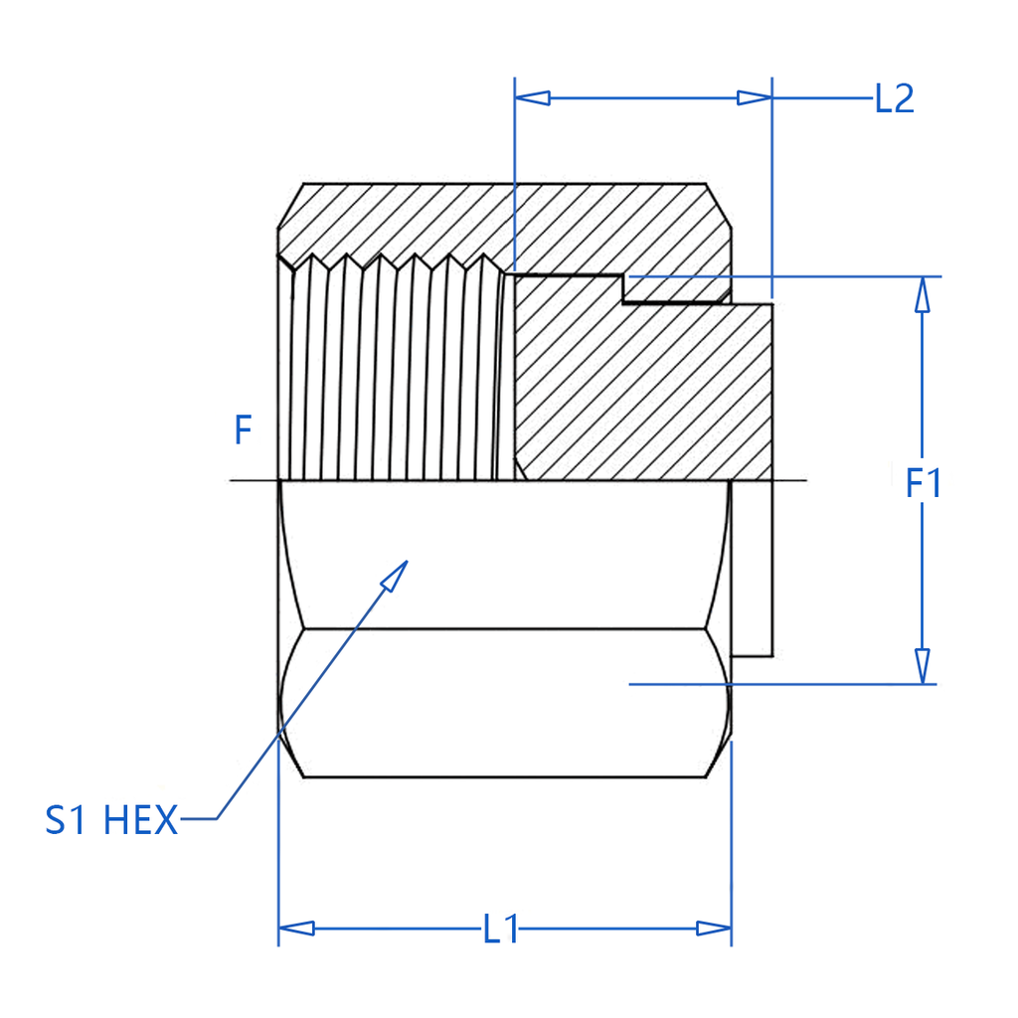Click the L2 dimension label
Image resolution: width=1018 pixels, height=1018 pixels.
point(894,98)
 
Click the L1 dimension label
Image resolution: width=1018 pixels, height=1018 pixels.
point(501,930)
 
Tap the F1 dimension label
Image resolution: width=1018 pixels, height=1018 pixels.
point(924,484)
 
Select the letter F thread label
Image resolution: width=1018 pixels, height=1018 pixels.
point(243,431)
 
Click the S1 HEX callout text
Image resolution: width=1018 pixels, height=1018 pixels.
point(111,821)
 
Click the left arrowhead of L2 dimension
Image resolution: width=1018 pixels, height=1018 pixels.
point(532,97)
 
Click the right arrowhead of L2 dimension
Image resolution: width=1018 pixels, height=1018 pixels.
point(755,97)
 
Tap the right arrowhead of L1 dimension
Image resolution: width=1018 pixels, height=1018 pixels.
point(714,929)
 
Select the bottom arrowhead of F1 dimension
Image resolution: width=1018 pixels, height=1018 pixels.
point(924,666)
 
